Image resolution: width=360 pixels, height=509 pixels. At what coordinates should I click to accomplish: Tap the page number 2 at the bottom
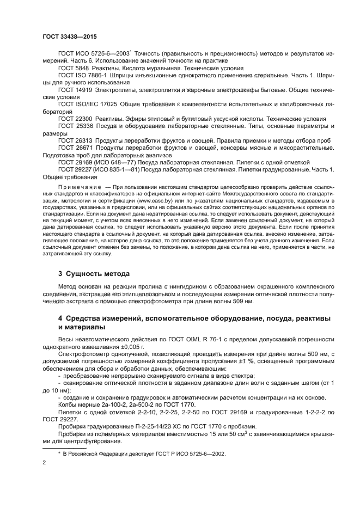click(x=44, y=462)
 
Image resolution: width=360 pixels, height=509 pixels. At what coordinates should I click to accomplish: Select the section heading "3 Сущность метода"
click(x=94, y=273)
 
